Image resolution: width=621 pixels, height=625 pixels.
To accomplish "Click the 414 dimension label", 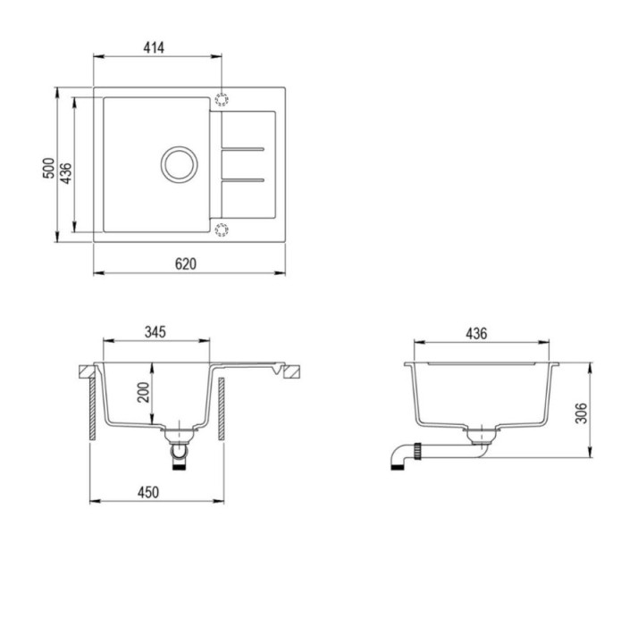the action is point(154,48).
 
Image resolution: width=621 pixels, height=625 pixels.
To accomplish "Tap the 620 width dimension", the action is point(186,264).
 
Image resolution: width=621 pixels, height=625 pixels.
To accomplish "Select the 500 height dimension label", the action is point(48,168).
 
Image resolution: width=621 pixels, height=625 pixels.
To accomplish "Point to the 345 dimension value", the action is point(155,332).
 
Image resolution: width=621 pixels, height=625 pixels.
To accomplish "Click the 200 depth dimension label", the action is point(143,392).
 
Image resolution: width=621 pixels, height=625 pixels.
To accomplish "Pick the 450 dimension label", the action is point(148,492).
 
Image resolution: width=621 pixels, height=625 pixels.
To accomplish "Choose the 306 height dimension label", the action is point(582,412).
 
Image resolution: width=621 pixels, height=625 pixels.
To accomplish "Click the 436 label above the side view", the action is point(476,334).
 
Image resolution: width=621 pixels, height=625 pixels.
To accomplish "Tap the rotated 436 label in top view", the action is point(66,173).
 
